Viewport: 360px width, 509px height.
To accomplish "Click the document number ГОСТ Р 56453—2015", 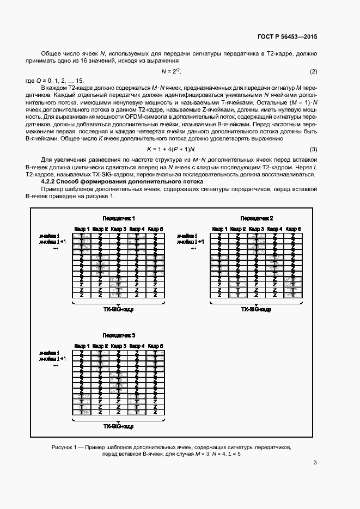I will point(287,36).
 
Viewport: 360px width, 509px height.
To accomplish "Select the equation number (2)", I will point(313,72).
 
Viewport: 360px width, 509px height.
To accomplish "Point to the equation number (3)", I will point(313,149).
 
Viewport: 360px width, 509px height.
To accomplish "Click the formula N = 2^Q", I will point(170,71).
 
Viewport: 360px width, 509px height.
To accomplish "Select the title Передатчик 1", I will point(118,218).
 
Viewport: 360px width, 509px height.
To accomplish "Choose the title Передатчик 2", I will point(257,218).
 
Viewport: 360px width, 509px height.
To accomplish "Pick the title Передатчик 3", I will point(118,335).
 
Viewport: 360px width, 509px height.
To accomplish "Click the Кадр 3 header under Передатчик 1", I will point(118,229).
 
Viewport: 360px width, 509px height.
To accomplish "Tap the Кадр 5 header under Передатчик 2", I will point(293,229).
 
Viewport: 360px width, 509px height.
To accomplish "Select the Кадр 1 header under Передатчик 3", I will point(81,346).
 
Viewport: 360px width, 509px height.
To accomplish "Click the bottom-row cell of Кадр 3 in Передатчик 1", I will point(118,295).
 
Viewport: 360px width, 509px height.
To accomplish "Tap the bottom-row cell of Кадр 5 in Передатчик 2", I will point(293,295).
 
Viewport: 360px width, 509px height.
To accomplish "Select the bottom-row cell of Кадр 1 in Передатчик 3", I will point(81,412).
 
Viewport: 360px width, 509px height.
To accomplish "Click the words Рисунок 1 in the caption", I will point(65,446).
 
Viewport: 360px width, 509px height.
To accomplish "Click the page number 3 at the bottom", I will point(315,463).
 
